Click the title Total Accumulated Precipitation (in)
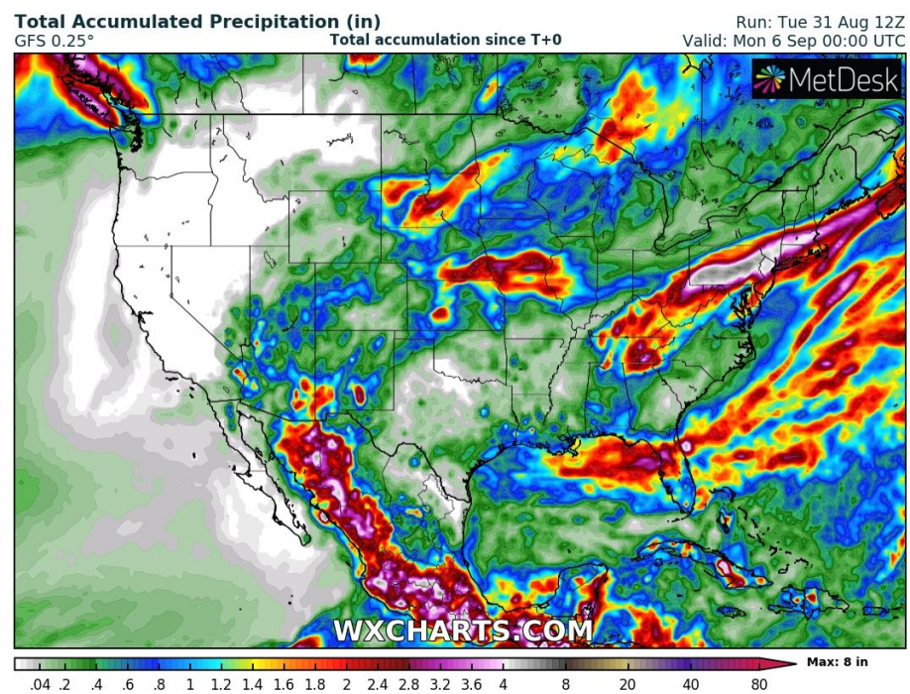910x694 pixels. tap(197, 21)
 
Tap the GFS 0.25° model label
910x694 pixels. tap(55, 41)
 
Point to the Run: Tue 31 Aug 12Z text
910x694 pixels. tap(820, 21)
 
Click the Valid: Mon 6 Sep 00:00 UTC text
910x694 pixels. tap(793, 41)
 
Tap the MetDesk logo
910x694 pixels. tap(827, 80)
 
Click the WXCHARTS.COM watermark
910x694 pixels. tap(462, 631)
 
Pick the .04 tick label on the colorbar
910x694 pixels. tap(41, 683)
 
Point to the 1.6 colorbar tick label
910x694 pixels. tap(284, 683)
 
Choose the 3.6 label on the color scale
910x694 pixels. tap(472, 683)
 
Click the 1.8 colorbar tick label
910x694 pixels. tap(314, 683)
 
